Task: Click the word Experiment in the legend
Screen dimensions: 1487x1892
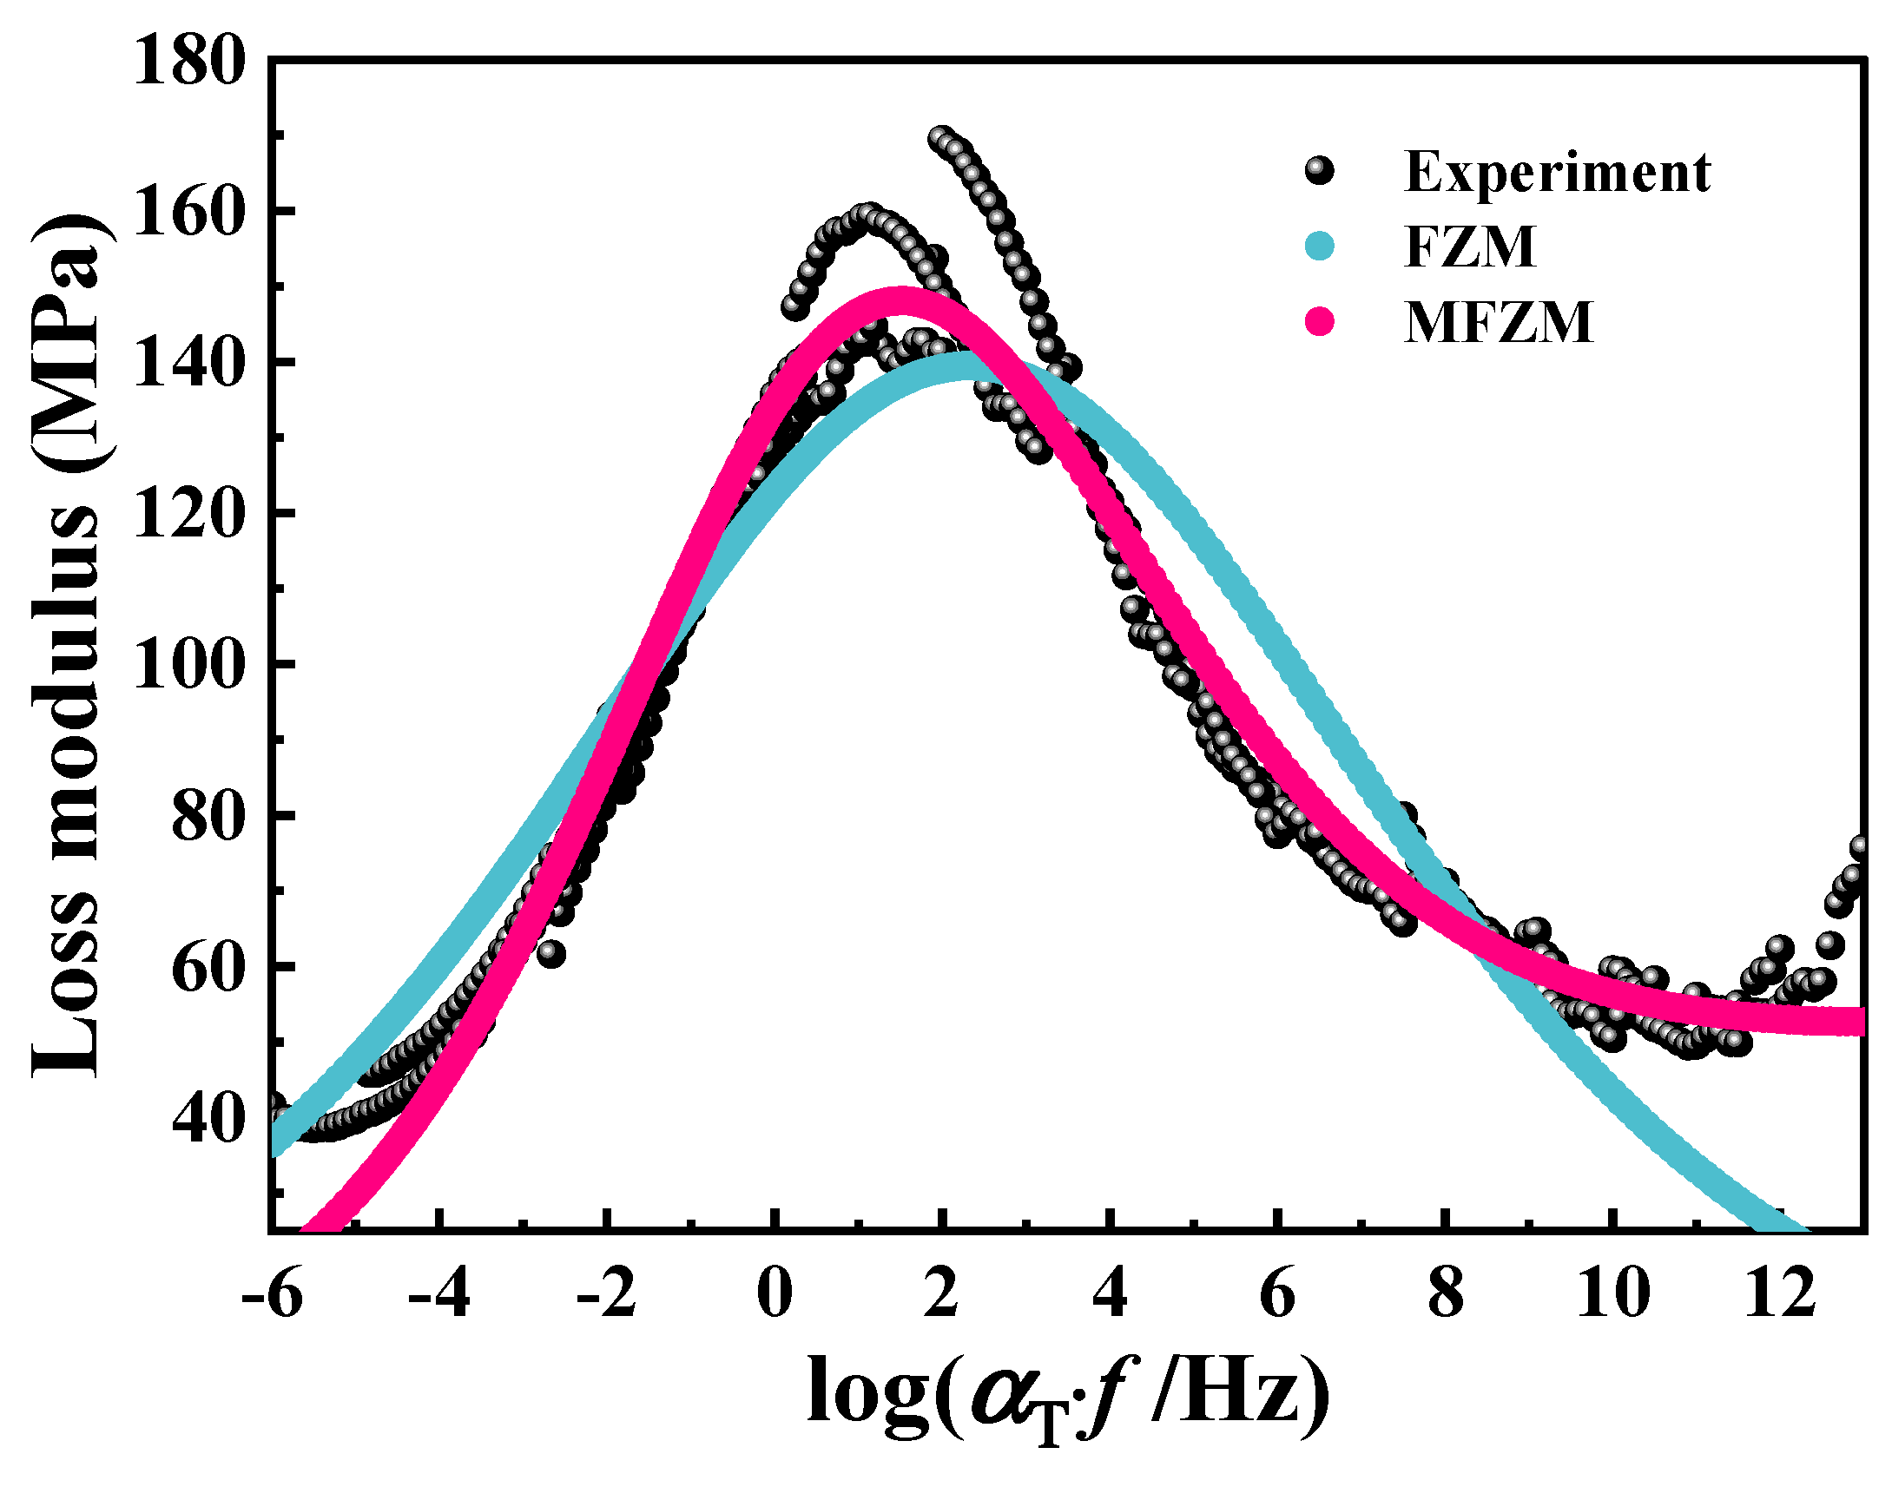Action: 1557,172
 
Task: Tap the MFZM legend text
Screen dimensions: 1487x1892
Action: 1499,322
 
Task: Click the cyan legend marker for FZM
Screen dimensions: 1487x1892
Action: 1320,247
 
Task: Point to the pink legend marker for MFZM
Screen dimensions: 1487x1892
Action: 1320,322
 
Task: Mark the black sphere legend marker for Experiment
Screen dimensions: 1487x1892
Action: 1320,172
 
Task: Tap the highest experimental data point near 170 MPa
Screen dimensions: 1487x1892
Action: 939,137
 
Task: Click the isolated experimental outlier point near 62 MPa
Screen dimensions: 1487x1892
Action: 551,954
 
